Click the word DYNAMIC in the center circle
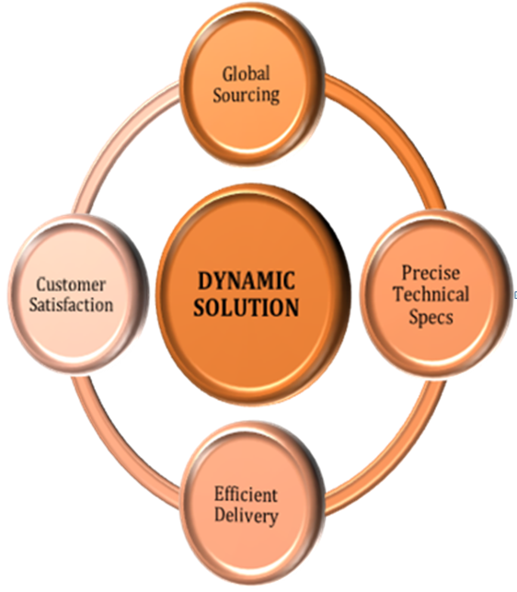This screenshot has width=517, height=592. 247,280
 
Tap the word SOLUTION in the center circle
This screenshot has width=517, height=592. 247,307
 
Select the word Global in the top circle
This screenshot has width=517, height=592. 246,74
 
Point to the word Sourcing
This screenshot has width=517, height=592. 246,95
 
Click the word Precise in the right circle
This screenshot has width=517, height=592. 431,273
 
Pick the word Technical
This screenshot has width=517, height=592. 431,294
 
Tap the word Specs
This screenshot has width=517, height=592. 431,316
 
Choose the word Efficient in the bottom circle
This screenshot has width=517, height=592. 246,495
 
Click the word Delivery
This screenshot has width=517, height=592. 246,516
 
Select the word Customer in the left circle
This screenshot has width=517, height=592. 71,284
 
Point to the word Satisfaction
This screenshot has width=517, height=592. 71,304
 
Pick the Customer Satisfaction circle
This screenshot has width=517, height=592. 78,294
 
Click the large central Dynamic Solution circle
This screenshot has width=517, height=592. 253,294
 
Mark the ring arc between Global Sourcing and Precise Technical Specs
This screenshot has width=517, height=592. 396,129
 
